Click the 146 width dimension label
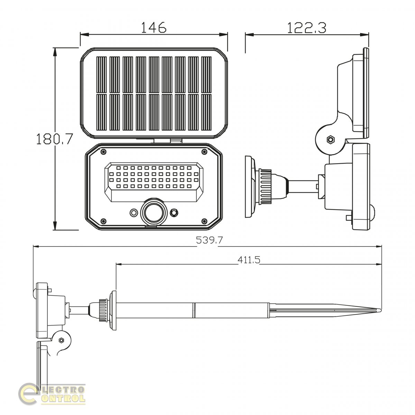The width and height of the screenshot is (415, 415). click(154, 27)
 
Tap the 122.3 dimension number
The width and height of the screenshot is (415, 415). click(307, 28)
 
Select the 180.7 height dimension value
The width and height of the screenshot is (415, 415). click(55, 139)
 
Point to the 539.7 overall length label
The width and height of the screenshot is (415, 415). click(209, 240)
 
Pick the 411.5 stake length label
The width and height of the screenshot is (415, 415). click(249, 260)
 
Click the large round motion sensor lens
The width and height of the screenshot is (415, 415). click(154, 213)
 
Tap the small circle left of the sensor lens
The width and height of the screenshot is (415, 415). click(134, 213)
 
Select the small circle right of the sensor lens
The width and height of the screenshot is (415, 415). click(174, 213)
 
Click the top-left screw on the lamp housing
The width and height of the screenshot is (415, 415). click(104, 152)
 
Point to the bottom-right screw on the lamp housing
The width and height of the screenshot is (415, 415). click(204, 221)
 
